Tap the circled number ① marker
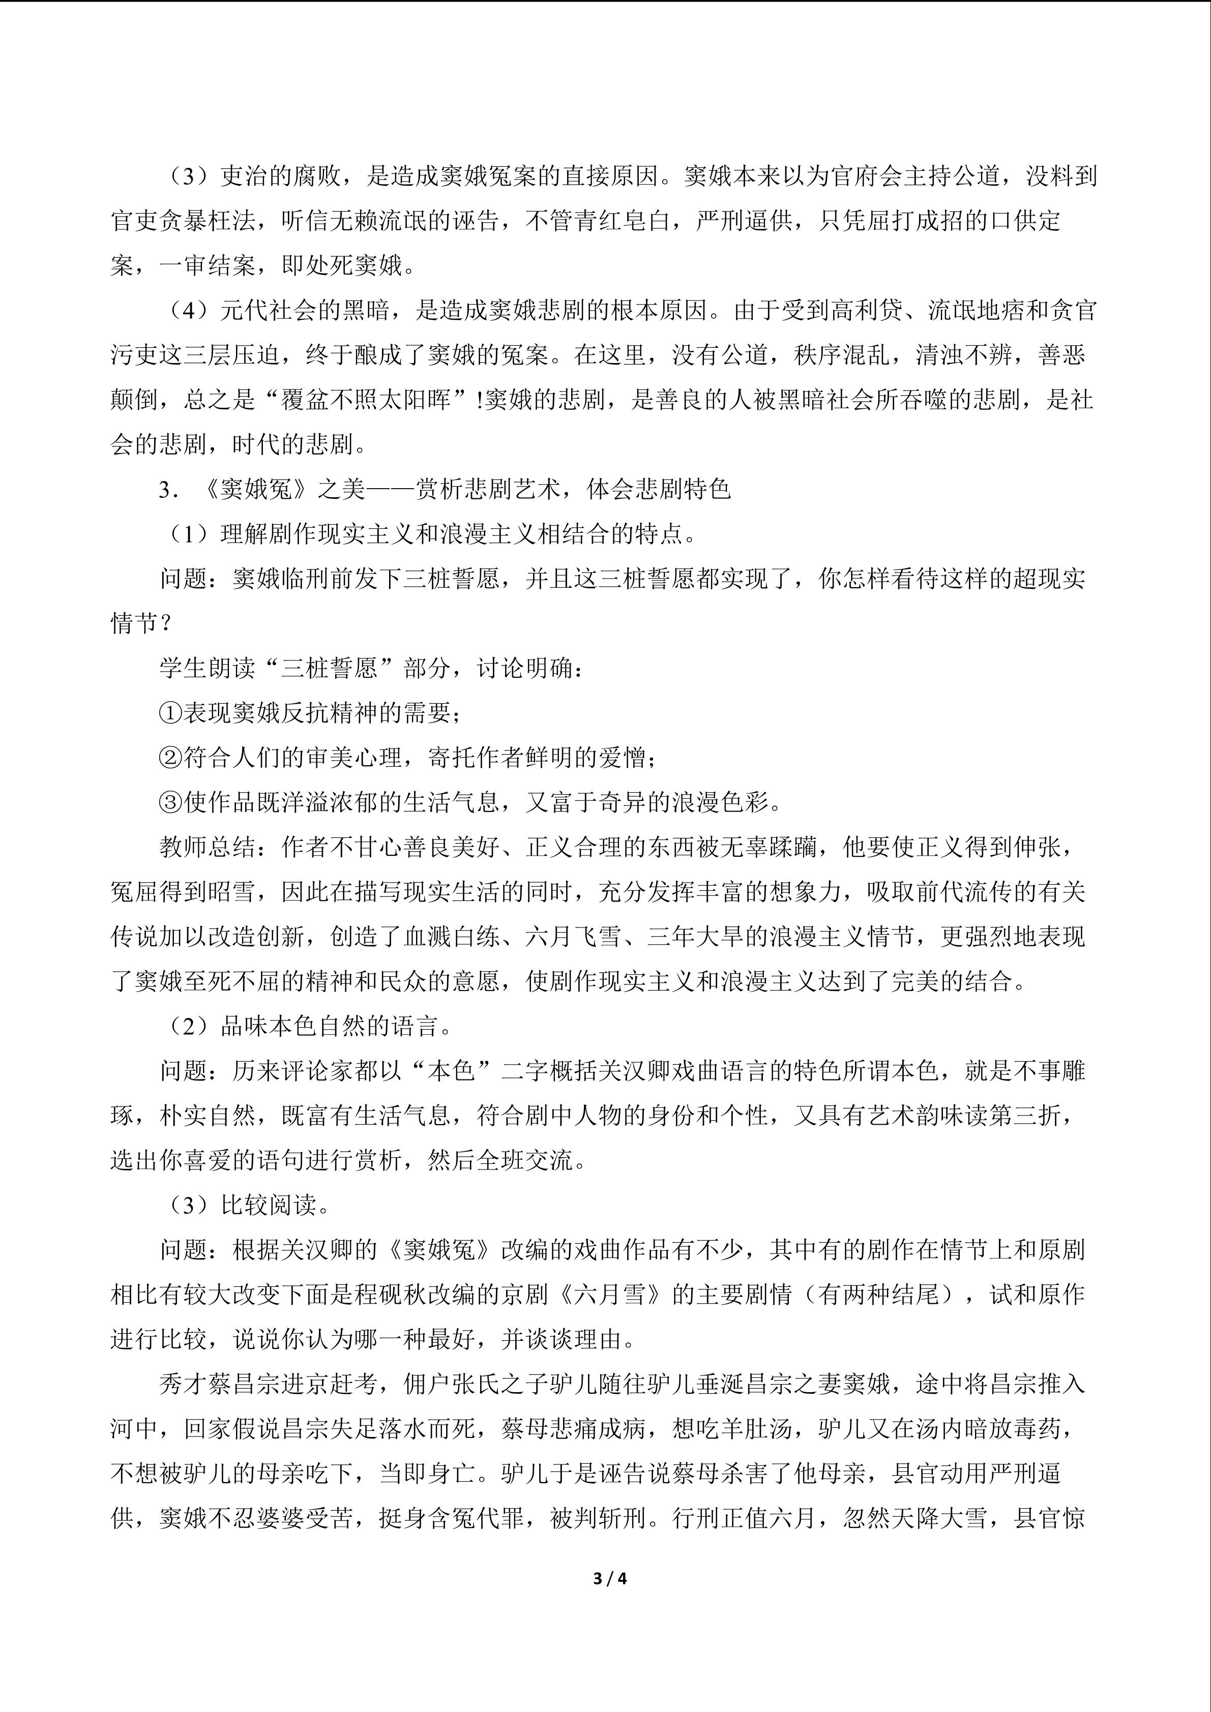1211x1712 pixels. [x=171, y=713]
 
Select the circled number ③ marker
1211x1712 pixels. [x=171, y=803]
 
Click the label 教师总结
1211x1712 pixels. [x=208, y=848]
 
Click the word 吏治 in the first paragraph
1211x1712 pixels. [x=244, y=177]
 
